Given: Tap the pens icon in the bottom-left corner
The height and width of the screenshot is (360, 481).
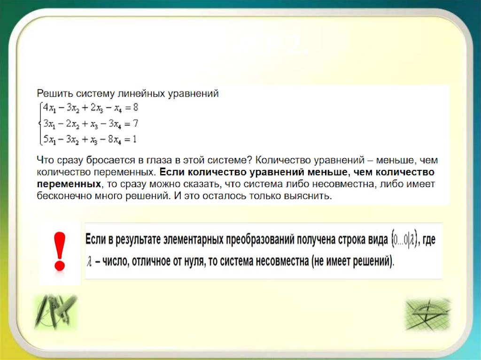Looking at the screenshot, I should (x=55, y=312).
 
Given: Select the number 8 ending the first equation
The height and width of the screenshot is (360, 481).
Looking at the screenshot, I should (x=136, y=107).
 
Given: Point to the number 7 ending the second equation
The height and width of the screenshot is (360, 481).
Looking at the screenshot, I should (x=135, y=123).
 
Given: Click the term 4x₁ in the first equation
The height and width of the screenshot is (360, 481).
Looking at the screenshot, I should (x=49, y=107).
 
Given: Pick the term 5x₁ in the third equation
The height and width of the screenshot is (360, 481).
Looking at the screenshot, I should (x=49, y=139).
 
